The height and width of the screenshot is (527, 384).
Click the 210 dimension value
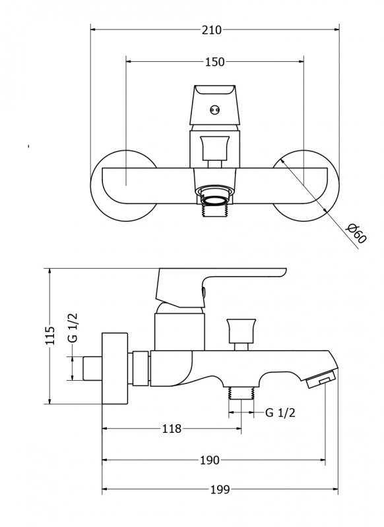tap(212, 30)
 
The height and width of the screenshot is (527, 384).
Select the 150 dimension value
tap(214, 62)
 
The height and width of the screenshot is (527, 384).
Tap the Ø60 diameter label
tap(356, 233)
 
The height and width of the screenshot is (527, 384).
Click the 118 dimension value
tap(172, 429)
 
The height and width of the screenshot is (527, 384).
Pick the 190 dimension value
tap(209, 460)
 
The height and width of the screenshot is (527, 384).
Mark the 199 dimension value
tap(220, 489)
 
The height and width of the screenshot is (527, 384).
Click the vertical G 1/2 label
tap(73, 327)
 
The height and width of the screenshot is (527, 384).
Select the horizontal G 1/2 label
tap(280, 413)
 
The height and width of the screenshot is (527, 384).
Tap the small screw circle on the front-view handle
tap(214, 109)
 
